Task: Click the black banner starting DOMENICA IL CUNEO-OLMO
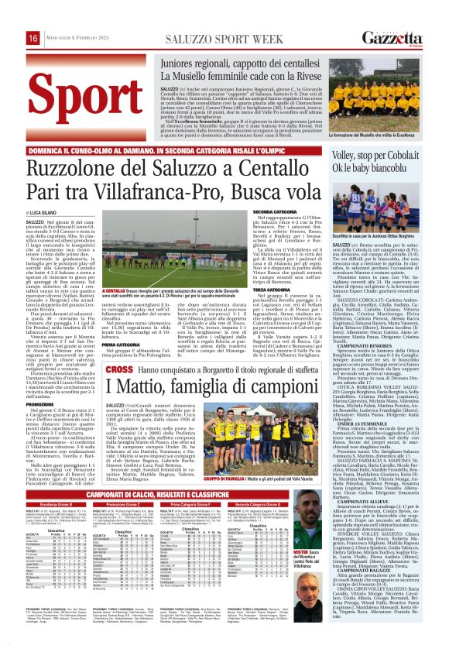(x=179, y=146)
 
